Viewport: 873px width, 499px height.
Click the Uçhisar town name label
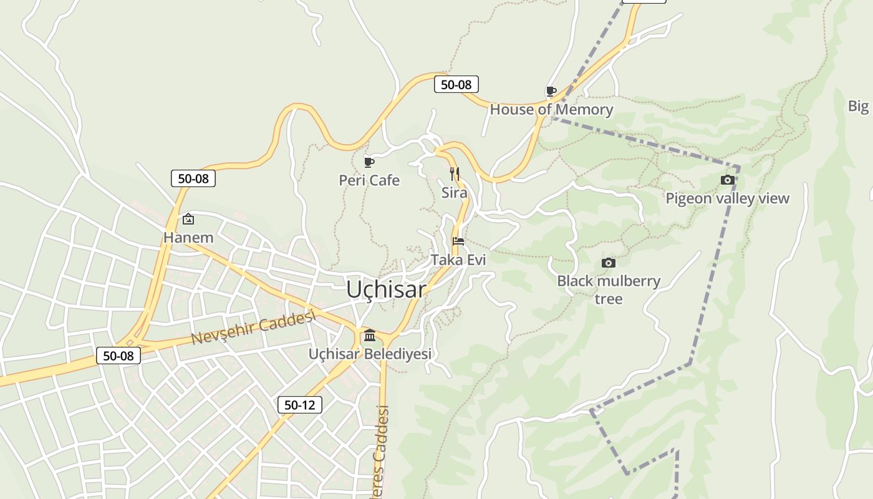coord(386,289)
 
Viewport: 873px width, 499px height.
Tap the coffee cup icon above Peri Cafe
coord(369,163)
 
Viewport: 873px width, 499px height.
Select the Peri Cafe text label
coord(369,180)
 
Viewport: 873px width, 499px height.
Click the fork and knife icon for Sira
coord(455,174)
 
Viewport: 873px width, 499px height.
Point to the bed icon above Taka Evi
coord(458,241)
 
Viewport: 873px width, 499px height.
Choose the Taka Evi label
coord(458,259)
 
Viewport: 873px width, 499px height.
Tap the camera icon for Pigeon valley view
coord(727,180)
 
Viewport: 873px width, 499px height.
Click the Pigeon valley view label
coord(727,198)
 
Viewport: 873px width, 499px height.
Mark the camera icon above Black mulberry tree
coord(609,263)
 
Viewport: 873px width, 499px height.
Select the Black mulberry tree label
coord(609,289)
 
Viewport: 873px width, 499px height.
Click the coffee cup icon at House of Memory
coord(551,92)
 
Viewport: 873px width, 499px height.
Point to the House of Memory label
coord(551,110)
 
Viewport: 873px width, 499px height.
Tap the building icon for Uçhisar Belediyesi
coord(370,336)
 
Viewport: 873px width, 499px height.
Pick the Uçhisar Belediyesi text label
coord(370,354)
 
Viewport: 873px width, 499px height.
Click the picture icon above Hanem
coord(188,219)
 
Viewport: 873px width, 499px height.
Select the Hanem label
coord(188,238)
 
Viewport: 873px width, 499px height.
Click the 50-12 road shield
coord(299,405)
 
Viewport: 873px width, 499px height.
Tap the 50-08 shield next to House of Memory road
coord(456,85)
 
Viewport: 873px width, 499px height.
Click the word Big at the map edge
coord(859,106)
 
